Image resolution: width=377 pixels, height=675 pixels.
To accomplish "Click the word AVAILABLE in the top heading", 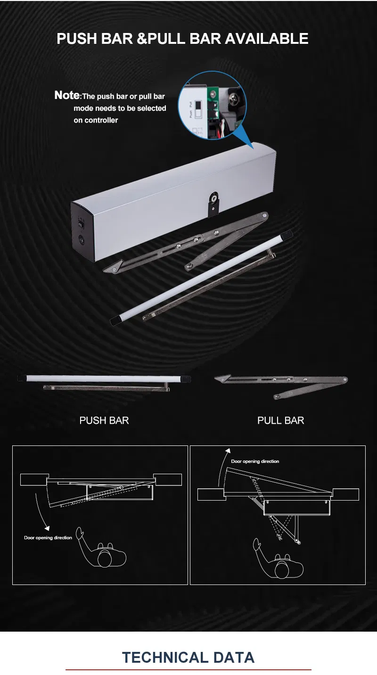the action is (267, 39).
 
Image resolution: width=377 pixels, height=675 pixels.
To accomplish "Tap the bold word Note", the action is (67, 95).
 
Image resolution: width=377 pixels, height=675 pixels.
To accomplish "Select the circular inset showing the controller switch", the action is (212, 105).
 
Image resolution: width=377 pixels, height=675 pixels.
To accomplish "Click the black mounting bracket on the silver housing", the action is (213, 204).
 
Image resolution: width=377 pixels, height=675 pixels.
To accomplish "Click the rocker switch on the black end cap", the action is (81, 224).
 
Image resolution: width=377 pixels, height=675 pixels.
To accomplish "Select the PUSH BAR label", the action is (104, 420).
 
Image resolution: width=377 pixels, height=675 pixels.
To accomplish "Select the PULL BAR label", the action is (280, 420).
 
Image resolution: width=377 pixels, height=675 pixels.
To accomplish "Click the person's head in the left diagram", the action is (105, 559).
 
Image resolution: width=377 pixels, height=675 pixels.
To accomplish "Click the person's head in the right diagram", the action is (282, 569).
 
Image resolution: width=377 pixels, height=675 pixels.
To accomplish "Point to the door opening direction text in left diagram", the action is (48, 537).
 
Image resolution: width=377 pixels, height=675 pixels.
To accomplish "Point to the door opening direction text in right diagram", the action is (255, 461).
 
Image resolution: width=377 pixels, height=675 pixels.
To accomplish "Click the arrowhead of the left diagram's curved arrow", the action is (47, 528).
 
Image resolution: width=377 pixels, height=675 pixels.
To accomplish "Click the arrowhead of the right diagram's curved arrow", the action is (228, 451).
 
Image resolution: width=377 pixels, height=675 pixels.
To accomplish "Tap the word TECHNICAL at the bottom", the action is (165, 658).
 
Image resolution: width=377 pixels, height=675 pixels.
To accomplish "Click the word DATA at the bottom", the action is (234, 658).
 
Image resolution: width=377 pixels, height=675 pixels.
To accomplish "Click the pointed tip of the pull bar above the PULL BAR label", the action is (216, 378).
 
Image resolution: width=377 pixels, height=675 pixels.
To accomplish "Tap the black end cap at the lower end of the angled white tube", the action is (115, 320).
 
